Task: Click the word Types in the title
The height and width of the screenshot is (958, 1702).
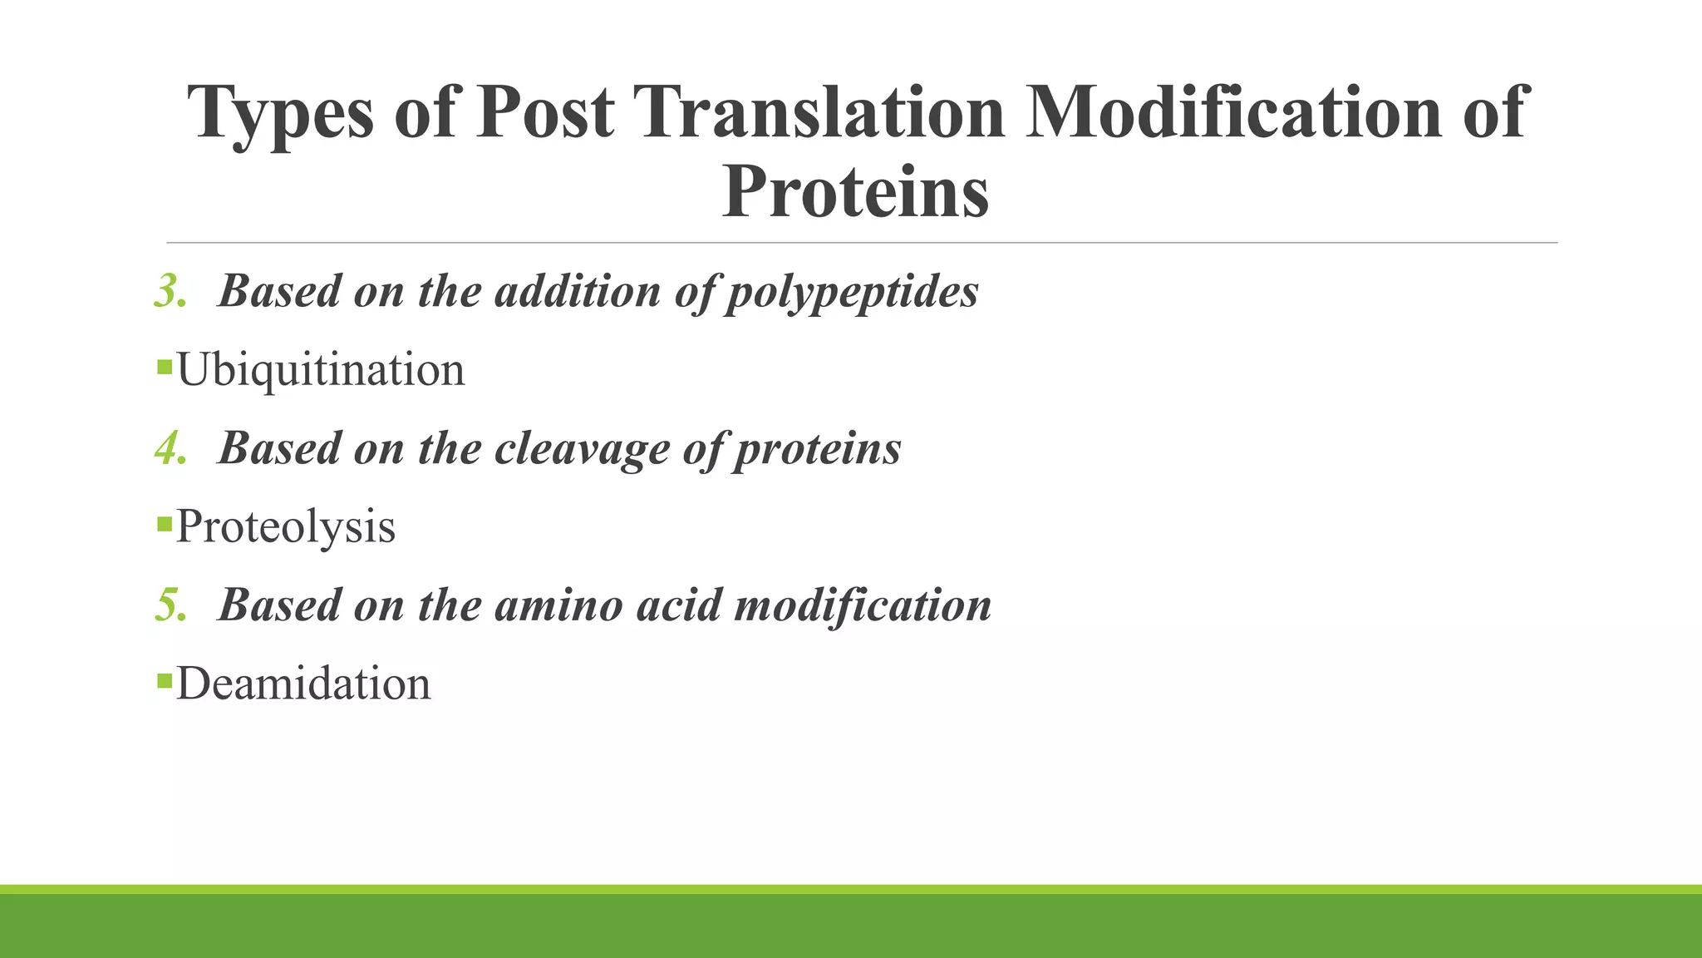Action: [x=281, y=114]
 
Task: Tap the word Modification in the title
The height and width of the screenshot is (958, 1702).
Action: [x=1233, y=112]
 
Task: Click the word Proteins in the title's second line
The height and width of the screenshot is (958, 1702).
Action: [x=855, y=192]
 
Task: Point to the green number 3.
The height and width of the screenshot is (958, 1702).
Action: [x=170, y=292]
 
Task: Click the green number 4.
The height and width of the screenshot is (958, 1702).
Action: [x=170, y=449]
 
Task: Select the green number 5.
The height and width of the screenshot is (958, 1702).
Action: [x=170, y=605]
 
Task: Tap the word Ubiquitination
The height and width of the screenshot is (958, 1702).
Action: [x=320, y=370]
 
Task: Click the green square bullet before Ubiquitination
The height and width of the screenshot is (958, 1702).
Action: [x=164, y=366]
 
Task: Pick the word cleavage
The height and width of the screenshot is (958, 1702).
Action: [x=582, y=450]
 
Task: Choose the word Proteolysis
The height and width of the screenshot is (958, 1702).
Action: [x=285, y=527]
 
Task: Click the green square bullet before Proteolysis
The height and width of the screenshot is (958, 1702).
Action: [x=164, y=523]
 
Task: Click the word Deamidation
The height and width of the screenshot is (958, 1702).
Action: [x=303, y=684]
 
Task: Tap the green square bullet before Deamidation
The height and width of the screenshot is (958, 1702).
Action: [x=164, y=681]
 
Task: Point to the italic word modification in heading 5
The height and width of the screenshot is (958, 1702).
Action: [x=863, y=605]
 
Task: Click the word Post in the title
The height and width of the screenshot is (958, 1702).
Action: [x=545, y=112]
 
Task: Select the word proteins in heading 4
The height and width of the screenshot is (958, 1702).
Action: [x=817, y=450]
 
